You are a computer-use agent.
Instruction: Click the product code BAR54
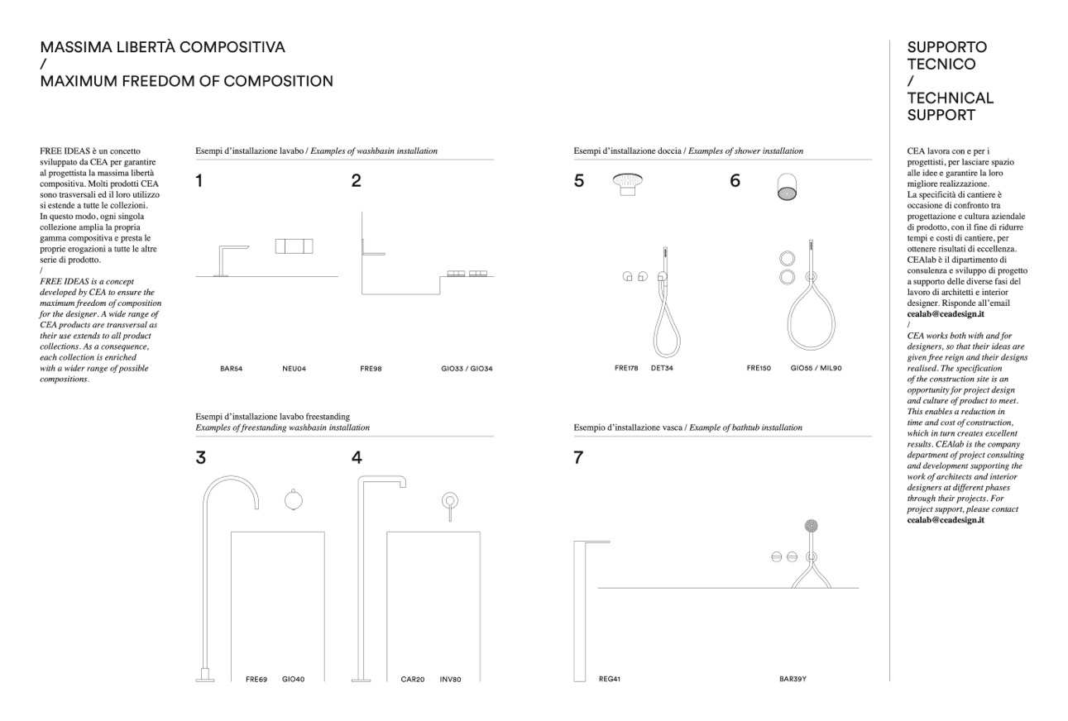[x=232, y=369]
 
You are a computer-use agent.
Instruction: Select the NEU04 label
[x=295, y=369]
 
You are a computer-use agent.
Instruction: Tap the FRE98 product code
[x=371, y=369]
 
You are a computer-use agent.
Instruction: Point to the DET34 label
[x=662, y=368]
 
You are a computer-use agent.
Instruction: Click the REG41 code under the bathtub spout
[x=610, y=679]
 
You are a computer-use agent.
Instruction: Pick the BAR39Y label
[x=793, y=679]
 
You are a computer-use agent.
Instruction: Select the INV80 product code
[x=450, y=679]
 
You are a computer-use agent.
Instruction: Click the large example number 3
[x=201, y=457]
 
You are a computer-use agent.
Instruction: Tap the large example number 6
[x=735, y=180]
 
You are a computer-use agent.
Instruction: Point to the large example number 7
[x=578, y=457]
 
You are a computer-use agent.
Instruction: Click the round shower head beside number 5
[x=627, y=184]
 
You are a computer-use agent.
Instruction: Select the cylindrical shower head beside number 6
[x=787, y=186]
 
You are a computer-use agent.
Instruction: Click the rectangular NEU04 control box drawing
[x=295, y=246]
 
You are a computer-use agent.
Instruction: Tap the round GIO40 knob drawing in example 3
[x=293, y=500]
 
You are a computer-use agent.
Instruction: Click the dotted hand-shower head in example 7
[x=811, y=526]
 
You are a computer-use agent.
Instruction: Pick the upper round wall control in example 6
[x=788, y=259]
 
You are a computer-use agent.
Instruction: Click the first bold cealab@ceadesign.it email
[x=946, y=313]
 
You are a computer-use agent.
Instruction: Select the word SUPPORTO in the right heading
[x=947, y=47]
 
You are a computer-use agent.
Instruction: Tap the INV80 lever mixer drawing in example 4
[x=449, y=506]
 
